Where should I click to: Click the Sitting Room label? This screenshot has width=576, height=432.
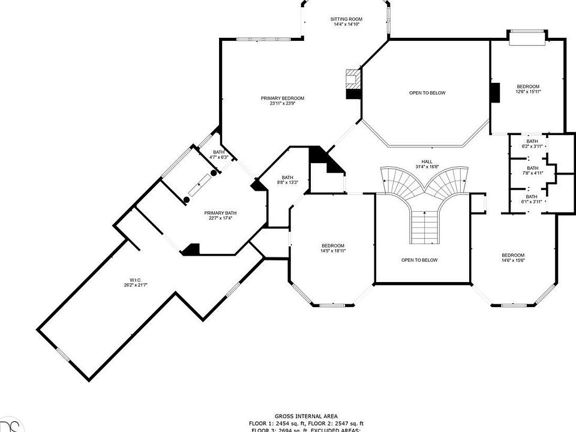[346, 19]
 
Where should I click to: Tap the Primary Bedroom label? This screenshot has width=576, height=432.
[282, 98]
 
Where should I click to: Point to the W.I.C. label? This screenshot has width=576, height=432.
[134, 279]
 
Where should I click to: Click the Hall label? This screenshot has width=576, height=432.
[427, 161]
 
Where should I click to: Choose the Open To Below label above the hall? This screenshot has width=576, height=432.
[427, 93]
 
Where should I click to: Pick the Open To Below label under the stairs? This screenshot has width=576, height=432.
[419, 260]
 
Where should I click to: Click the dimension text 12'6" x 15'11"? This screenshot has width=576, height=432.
[528, 92]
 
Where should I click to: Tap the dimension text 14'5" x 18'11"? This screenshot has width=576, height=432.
[332, 251]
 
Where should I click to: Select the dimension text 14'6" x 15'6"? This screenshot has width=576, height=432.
[513, 260]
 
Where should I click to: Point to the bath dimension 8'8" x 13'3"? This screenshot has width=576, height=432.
[287, 182]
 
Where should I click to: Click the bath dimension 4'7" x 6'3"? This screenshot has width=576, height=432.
[218, 157]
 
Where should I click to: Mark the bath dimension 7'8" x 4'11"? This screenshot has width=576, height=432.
[532, 173]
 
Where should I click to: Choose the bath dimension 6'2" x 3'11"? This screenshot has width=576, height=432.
[532, 146]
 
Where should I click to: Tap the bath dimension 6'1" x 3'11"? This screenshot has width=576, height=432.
[532, 202]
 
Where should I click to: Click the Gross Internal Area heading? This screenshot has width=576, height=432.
[306, 416]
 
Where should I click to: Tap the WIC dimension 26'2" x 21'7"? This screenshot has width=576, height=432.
[134, 284]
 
